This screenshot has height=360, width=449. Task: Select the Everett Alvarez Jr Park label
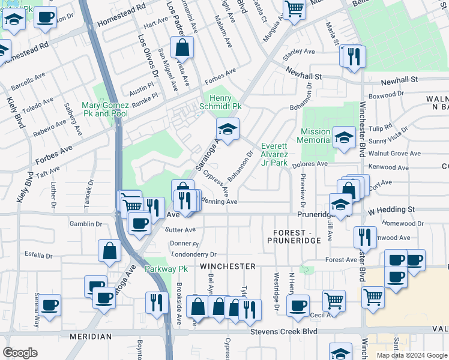tap(274, 154)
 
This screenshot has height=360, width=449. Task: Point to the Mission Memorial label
tap(316, 136)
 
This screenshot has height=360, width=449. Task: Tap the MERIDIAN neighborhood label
tap(90, 337)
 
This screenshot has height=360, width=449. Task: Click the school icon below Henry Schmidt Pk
tap(228, 129)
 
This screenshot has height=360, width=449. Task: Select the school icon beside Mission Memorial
tap(344, 136)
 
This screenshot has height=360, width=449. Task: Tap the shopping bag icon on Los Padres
tap(182, 47)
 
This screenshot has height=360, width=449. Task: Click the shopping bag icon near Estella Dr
tap(110, 252)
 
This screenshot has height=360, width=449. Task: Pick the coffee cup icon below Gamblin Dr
tap(139, 224)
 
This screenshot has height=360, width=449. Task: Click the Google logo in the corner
tap(20, 352)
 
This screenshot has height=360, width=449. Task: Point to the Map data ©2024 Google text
tap(411, 355)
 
